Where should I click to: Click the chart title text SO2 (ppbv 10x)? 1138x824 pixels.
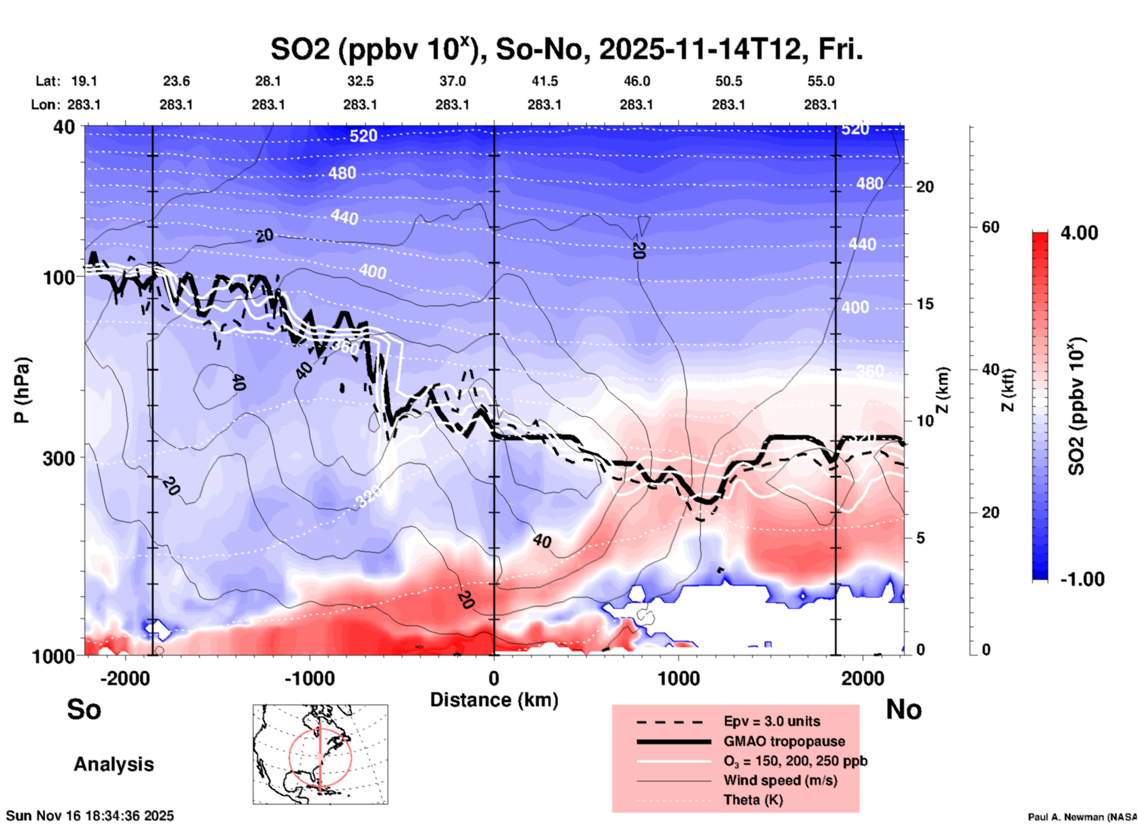(x=372, y=49)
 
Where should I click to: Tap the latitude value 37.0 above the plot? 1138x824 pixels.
(x=452, y=81)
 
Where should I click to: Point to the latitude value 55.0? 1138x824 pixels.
(x=821, y=81)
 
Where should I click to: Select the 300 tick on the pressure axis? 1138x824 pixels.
(x=59, y=458)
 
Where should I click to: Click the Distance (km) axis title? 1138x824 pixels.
(x=494, y=700)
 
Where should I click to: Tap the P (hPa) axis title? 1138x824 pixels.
(x=22, y=390)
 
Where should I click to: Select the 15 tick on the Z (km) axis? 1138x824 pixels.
(x=925, y=304)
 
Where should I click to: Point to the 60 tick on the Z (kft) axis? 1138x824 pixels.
(x=990, y=227)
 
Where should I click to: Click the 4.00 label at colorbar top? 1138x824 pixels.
(x=1079, y=233)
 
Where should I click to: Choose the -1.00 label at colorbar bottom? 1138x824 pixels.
(x=1082, y=579)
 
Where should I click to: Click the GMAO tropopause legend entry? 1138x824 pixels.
(x=784, y=741)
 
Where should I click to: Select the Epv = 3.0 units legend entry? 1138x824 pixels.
(x=772, y=721)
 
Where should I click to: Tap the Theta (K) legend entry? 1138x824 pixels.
(x=753, y=800)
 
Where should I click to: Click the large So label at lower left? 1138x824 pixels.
(x=84, y=709)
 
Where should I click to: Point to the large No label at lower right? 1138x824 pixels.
(x=903, y=709)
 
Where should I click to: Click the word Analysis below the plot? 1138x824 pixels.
(x=113, y=764)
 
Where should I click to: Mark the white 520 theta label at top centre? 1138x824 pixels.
(x=363, y=136)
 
